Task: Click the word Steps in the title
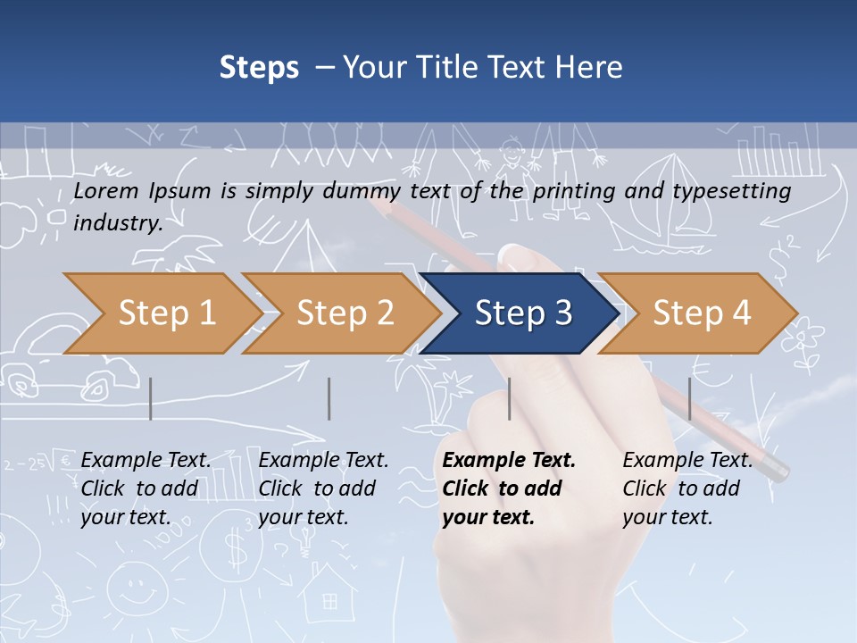(x=259, y=68)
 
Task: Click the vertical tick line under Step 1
(x=151, y=398)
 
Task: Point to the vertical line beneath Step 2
(x=329, y=398)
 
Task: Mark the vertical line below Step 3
(x=510, y=398)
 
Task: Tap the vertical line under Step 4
(x=689, y=398)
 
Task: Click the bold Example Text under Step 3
(x=509, y=489)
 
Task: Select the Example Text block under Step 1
(x=146, y=489)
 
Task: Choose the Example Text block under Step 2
(x=323, y=489)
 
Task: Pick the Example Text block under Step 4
(x=687, y=489)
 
